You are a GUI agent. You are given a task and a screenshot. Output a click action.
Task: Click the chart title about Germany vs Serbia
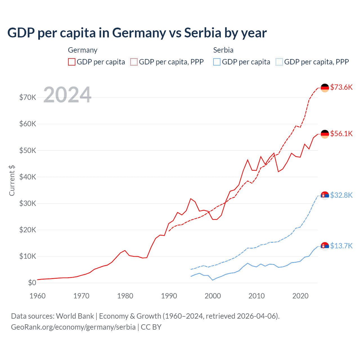[137, 33]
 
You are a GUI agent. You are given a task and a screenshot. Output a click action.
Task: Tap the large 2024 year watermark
[67, 95]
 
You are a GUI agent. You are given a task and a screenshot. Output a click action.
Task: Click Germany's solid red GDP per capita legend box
[72, 62]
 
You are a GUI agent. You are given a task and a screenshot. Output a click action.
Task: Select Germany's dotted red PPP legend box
[134, 62]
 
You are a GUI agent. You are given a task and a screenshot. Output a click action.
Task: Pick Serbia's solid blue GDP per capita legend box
[217, 62]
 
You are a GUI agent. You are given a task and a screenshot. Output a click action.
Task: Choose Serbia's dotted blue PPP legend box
[279, 62]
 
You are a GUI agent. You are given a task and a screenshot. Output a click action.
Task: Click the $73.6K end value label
[341, 87]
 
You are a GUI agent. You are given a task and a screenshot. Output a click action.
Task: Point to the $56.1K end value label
[341, 134]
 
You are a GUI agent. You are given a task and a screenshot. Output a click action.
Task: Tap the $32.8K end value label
[341, 195]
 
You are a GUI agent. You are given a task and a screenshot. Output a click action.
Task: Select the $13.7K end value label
[341, 246]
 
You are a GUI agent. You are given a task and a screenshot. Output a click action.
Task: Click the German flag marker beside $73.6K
[325, 88]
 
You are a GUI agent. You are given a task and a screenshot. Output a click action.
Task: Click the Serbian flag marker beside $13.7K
[325, 246]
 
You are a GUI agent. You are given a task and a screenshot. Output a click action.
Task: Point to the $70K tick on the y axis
[28, 97]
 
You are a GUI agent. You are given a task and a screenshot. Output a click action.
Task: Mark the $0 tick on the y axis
[32, 283]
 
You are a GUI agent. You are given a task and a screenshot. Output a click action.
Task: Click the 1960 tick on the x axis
[37, 296]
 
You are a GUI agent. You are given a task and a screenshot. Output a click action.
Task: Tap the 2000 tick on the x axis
[213, 296]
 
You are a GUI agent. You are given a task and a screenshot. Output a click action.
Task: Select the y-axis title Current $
[12, 181]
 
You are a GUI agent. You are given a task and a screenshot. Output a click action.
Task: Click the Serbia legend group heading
[223, 50]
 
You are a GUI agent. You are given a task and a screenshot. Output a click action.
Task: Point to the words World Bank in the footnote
[75, 316]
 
